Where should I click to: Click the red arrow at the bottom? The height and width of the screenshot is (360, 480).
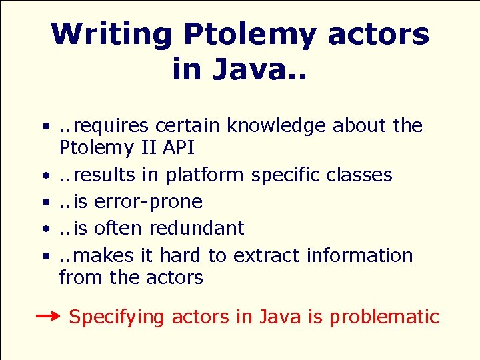[48, 316]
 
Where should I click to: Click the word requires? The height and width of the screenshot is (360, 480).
[112, 125]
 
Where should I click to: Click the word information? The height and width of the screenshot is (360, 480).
[360, 255]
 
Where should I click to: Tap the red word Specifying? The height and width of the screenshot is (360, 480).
[116, 317]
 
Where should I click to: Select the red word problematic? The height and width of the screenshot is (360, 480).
[385, 317]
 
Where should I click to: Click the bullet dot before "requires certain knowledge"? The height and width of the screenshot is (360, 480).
[44, 126]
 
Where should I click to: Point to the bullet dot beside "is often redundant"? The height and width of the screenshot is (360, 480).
[44, 229]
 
